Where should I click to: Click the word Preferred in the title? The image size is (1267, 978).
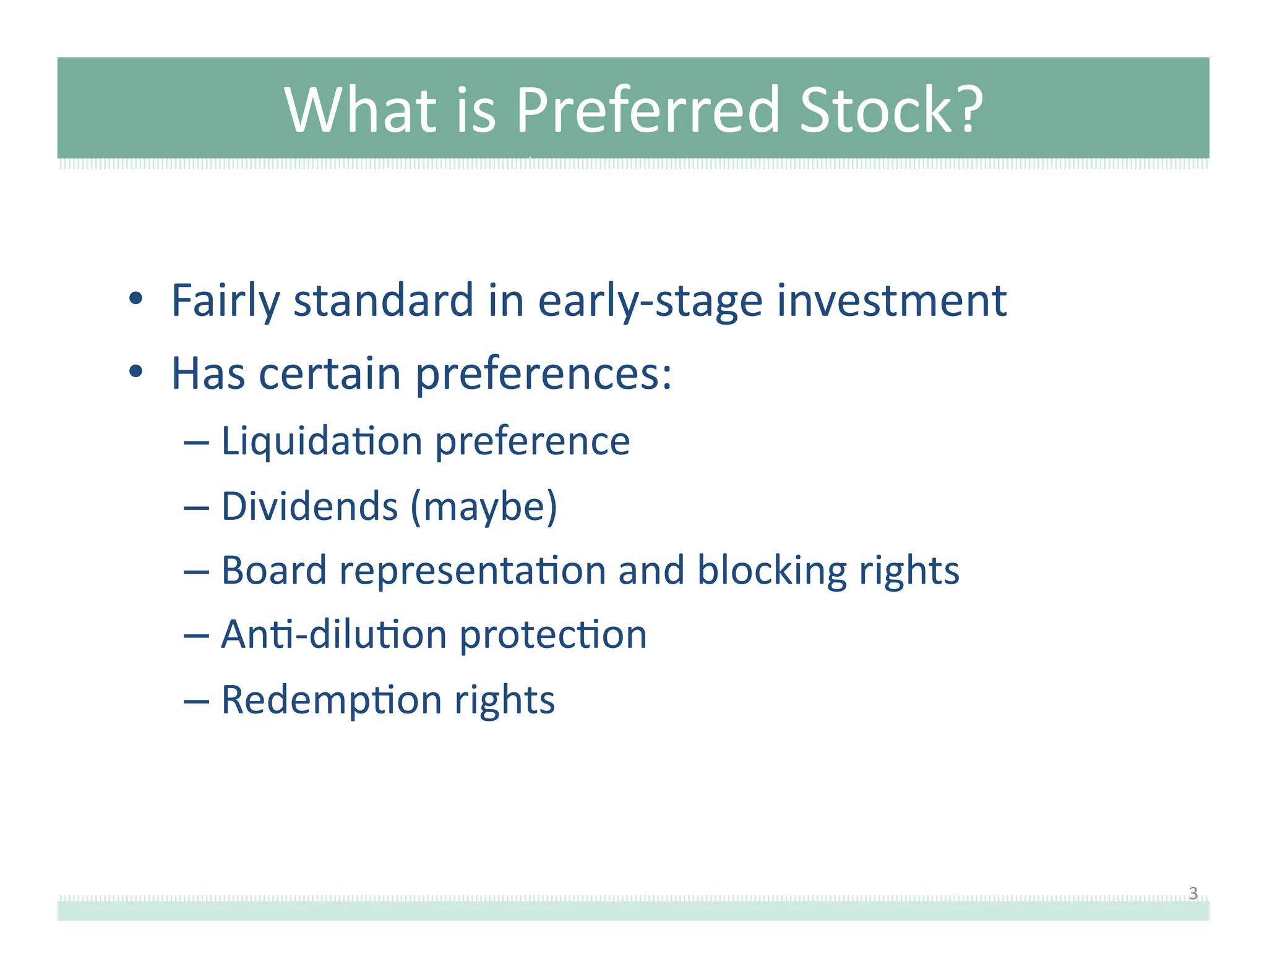click(648, 110)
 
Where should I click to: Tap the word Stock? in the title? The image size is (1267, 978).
click(890, 110)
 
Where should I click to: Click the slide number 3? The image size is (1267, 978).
click(1193, 893)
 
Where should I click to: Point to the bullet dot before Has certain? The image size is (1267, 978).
click(136, 372)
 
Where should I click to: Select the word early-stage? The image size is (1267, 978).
click(650, 301)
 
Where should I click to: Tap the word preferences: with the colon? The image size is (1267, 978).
click(543, 375)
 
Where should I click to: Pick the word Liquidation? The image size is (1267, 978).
click(322, 441)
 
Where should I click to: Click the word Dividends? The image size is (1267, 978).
click(309, 506)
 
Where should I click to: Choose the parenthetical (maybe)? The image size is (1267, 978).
click(484, 508)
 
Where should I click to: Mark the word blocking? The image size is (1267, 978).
click(771, 571)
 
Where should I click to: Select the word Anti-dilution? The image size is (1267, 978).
click(333, 635)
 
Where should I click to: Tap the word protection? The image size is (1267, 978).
click(553, 636)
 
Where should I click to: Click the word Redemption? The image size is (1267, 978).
click(332, 700)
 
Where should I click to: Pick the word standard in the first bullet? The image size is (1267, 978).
click(383, 300)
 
